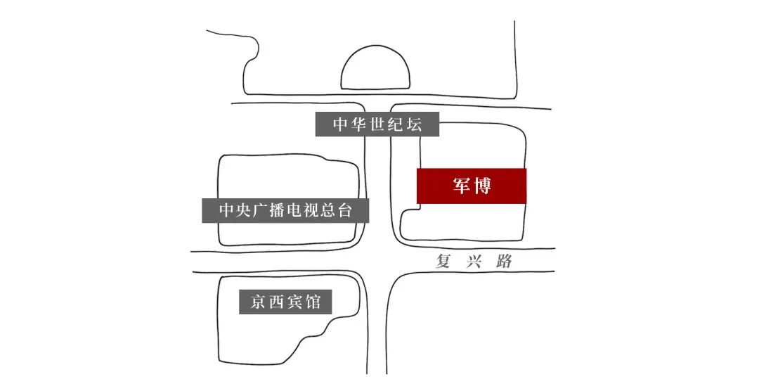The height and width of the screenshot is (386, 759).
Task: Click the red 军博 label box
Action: point(472,186)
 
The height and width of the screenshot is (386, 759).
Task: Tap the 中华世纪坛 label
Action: point(377,125)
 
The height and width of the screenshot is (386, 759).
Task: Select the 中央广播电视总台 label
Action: point(285,210)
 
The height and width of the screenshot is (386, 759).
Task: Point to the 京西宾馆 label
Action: point(285,302)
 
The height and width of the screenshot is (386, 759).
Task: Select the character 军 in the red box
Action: point(461,186)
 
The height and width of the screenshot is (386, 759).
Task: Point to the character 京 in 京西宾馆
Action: point(258,302)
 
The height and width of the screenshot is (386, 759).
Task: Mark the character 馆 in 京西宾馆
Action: point(313,302)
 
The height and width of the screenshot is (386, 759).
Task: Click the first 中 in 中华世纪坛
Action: point(340,125)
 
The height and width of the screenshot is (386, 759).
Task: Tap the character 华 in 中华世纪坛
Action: point(358,125)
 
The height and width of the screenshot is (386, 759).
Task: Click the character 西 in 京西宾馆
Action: point(276,302)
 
